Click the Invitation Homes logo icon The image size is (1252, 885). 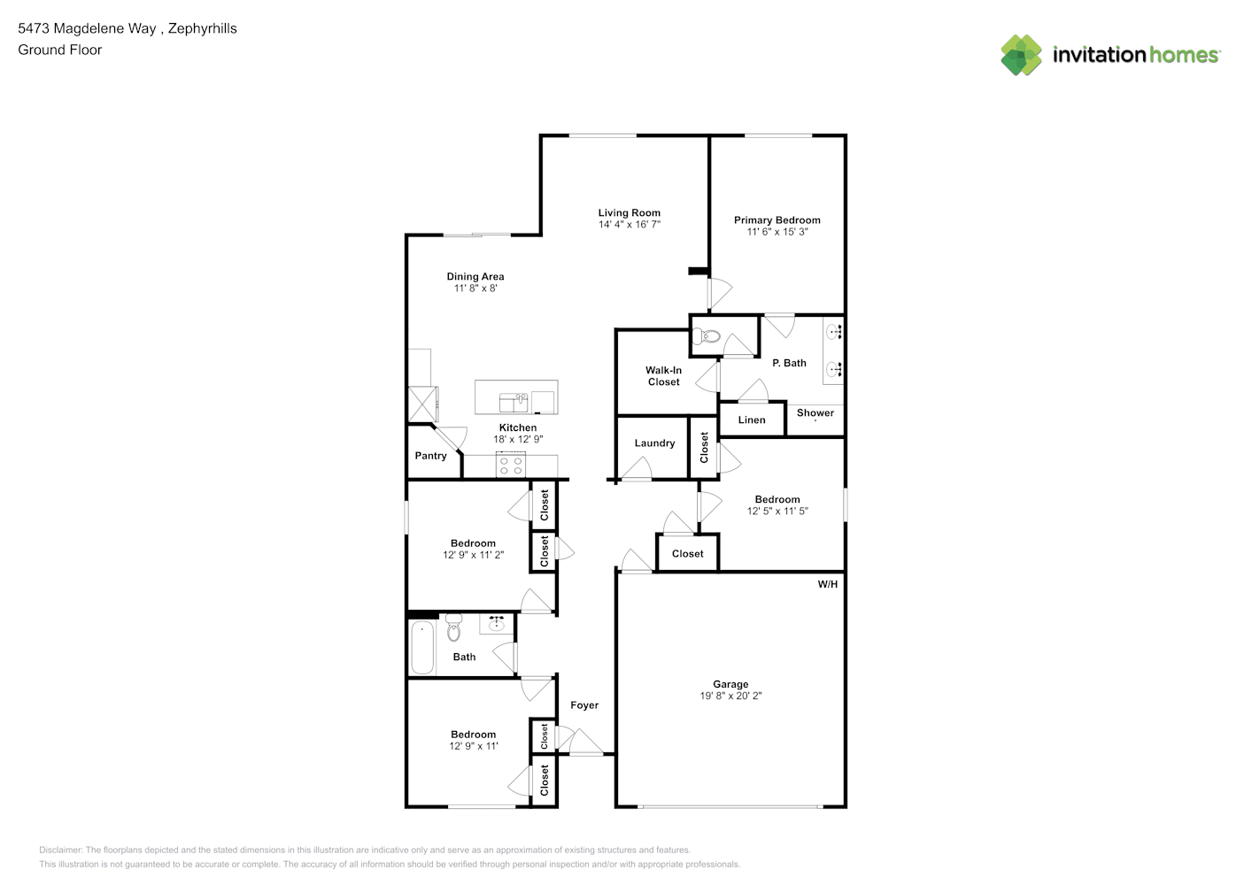(1021, 55)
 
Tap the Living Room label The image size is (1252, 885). (629, 213)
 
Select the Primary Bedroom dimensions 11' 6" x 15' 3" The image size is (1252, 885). (777, 232)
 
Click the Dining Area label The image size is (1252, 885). (475, 276)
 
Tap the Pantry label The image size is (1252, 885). (430, 456)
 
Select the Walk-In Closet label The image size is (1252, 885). (663, 376)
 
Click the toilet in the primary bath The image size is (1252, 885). (706, 336)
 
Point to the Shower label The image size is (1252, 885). (815, 413)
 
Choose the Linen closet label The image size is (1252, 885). (752, 420)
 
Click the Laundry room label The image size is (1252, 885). (654, 443)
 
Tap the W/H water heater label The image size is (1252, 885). (828, 584)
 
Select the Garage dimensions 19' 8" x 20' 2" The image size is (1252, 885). (730, 696)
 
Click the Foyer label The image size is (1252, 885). (584, 705)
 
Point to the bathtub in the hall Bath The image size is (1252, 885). (422, 648)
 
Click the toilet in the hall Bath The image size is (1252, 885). (454, 627)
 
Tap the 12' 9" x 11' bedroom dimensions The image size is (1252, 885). (474, 746)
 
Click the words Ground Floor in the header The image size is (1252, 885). (60, 50)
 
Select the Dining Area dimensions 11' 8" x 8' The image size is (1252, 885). (475, 289)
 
